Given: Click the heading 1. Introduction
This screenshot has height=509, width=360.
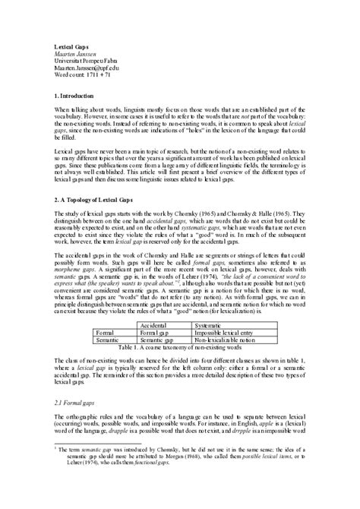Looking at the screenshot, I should [82, 98].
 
